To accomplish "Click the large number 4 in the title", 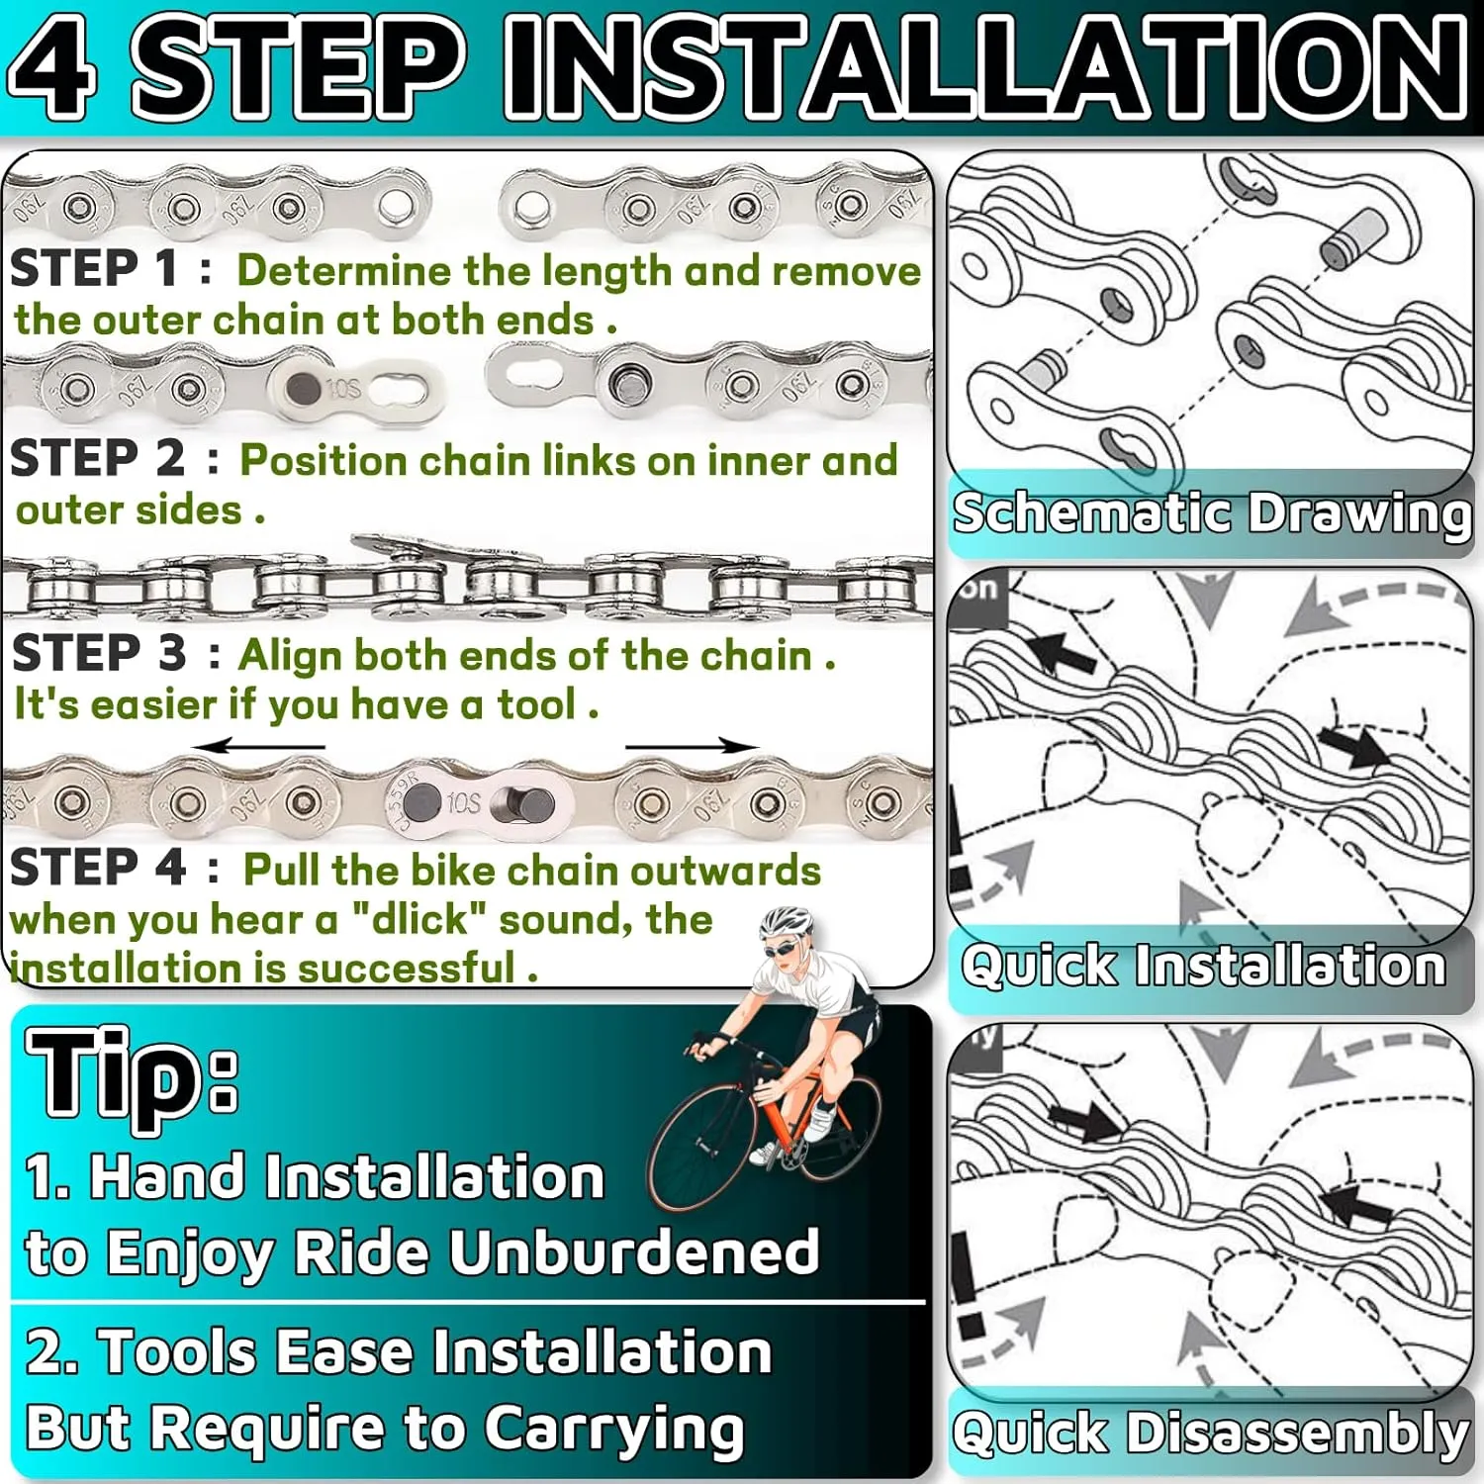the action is (53, 65).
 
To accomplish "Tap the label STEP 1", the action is (94, 268).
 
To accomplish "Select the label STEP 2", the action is (97, 458).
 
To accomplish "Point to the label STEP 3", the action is (98, 653).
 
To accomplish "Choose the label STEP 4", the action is (97, 868).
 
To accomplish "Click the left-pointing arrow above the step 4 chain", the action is (258, 746).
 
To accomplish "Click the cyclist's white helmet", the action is (787, 922).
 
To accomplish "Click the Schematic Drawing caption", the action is (1211, 513).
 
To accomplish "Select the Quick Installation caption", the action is (1203, 965).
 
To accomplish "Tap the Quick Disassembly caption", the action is (1210, 1433).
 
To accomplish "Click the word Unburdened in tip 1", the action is (634, 1252).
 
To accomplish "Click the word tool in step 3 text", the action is (536, 704).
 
